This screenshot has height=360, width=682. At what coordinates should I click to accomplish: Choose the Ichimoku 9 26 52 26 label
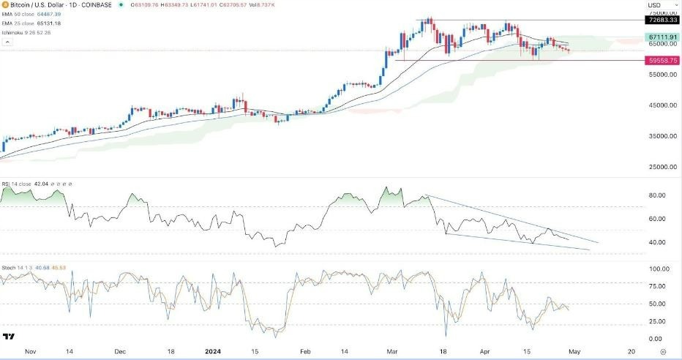click(x=26, y=31)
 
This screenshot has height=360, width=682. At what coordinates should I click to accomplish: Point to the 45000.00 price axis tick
click(x=660, y=105)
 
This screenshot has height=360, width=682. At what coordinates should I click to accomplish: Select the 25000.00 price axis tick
click(x=660, y=167)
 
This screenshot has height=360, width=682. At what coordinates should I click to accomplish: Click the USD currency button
click(x=654, y=6)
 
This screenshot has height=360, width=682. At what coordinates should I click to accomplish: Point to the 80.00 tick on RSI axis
click(x=656, y=195)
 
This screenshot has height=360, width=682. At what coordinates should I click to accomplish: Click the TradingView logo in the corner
click(x=10, y=337)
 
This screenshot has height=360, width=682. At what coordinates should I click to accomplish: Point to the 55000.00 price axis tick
click(x=660, y=75)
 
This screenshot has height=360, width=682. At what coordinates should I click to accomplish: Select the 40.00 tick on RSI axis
click(x=656, y=242)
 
